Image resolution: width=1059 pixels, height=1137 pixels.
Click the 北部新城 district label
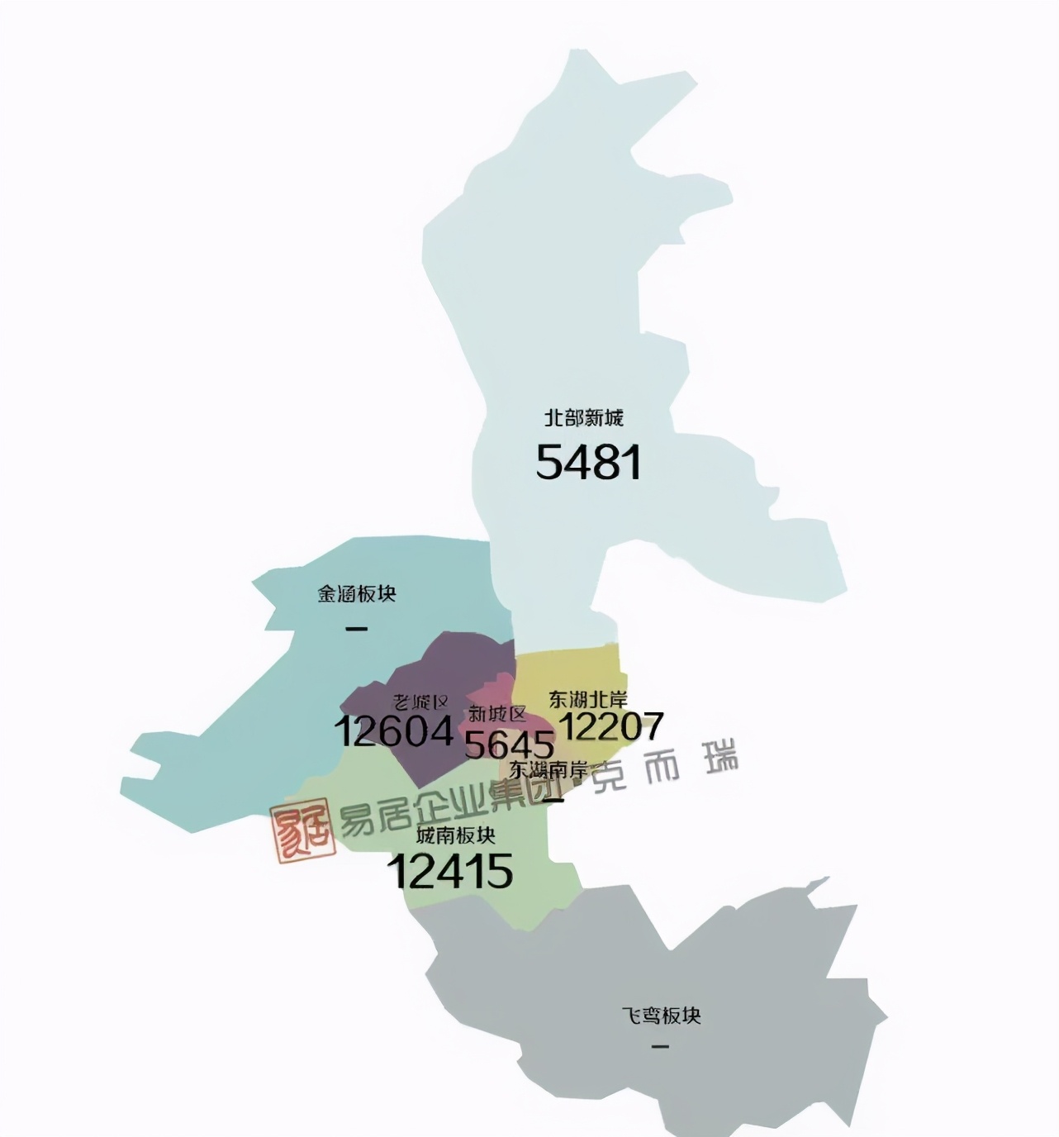(x=583, y=418)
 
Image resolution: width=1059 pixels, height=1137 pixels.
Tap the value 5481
(x=588, y=462)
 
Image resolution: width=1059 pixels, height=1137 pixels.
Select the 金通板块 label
(x=357, y=594)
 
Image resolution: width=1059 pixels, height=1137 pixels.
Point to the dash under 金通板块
(x=356, y=629)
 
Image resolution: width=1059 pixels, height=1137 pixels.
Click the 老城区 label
(x=421, y=702)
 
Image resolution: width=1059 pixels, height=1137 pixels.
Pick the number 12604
(x=394, y=731)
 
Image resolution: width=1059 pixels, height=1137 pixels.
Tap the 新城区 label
(x=496, y=714)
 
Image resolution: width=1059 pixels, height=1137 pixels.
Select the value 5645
(x=509, y=745)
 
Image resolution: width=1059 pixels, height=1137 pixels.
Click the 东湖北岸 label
(x=587, y=700)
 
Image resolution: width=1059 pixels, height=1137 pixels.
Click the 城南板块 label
(x=456, y=835)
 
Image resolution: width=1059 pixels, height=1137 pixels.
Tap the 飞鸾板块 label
(x=661, y=1016)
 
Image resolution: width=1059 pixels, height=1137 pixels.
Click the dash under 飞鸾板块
(x=660, y=1047)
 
